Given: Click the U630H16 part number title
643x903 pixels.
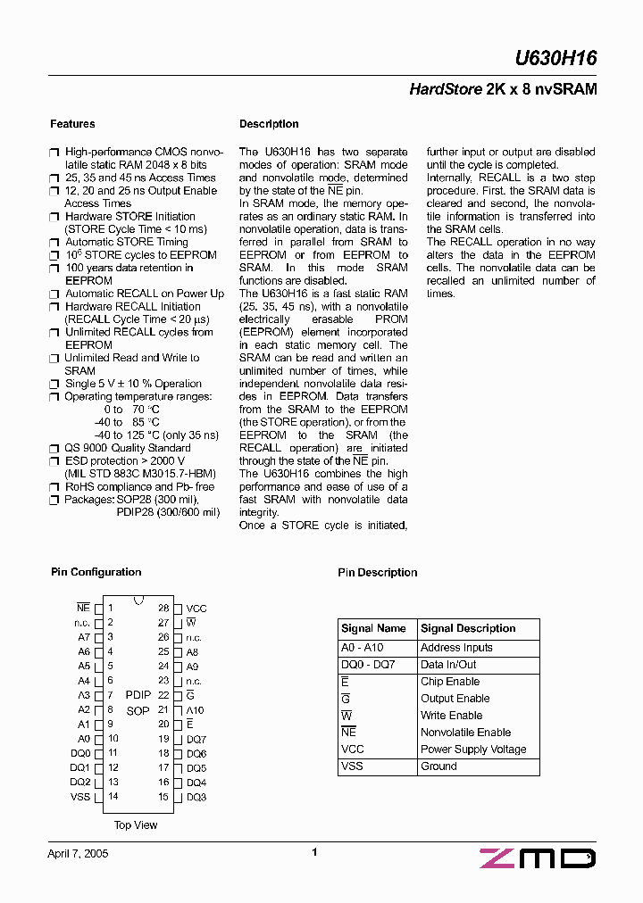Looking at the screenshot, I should pos(555,59).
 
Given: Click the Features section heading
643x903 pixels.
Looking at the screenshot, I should pos(72,124).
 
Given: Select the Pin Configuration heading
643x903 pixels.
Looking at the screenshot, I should pos(96,572).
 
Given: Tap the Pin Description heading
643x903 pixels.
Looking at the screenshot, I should pos(377,573).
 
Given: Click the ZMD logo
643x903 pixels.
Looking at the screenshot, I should pos(537,858).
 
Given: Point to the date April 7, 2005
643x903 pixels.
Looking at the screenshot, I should pos(78,853).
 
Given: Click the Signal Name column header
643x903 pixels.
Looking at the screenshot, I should pos(373,628).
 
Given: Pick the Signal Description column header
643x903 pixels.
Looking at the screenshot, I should pos(468,628).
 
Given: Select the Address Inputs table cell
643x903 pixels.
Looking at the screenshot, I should pos(456,648).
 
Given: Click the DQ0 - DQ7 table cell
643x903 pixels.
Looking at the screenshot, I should pos(367,665).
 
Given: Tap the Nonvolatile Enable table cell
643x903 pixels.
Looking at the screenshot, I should pos(465,733).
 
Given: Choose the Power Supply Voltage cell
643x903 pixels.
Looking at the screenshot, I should pos(473,750).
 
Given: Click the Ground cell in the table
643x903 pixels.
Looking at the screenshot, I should pos(438,766).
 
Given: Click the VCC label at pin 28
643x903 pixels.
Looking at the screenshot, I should pos(196,609).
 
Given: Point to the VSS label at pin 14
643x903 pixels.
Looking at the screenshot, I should pos(80,797).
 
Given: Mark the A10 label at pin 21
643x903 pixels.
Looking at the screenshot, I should pos(195,710).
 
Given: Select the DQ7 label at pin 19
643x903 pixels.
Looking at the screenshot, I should pos(196,740).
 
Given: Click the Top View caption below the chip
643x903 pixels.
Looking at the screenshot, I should pos(136,825).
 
